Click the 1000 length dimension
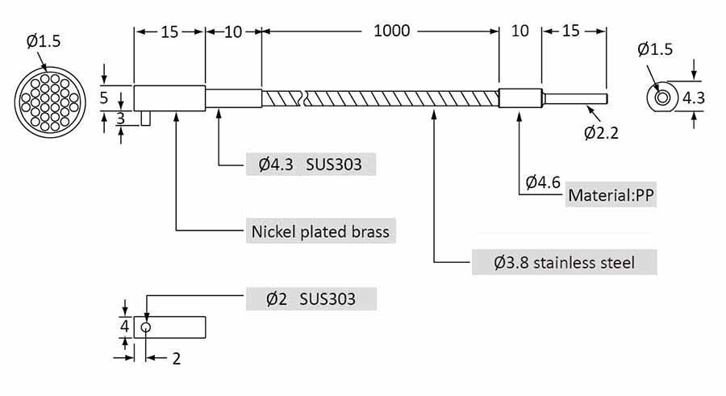pos(392,31)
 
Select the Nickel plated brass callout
pos(320,231)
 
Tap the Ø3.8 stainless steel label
pos(564,263)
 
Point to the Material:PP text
pos(611,195)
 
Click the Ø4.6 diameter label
pos(543,182)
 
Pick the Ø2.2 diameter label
pos(601,133)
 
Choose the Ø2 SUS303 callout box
pos(311,298)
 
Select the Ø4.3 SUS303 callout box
pos(311,164)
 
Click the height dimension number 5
pos(104,98)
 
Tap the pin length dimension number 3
pos(120,119)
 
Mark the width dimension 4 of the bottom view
pos(124,326)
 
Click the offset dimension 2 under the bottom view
pos(177,358)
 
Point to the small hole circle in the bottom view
pos(146,327)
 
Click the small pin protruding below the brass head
pos(146,118)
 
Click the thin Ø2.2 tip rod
pos(574,98)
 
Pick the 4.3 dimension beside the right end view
pos(693,98)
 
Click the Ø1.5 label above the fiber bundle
pos(44,41)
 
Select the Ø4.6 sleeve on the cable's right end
pos(520,98)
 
